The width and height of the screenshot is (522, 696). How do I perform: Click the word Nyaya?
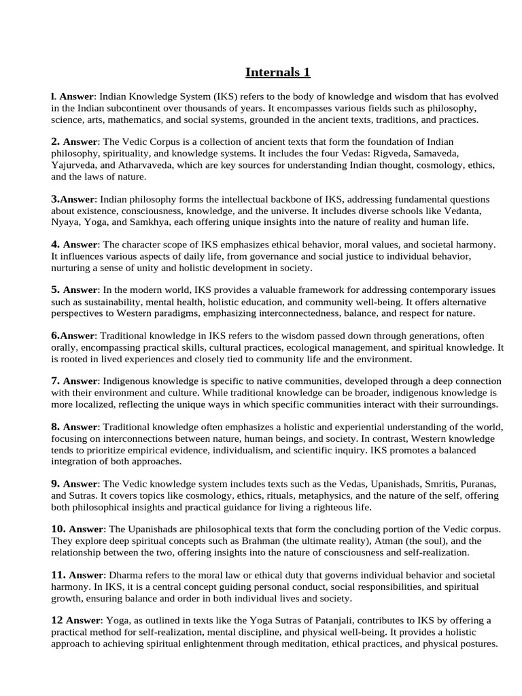(65, 222)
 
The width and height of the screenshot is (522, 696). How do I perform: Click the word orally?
(65, 347)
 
